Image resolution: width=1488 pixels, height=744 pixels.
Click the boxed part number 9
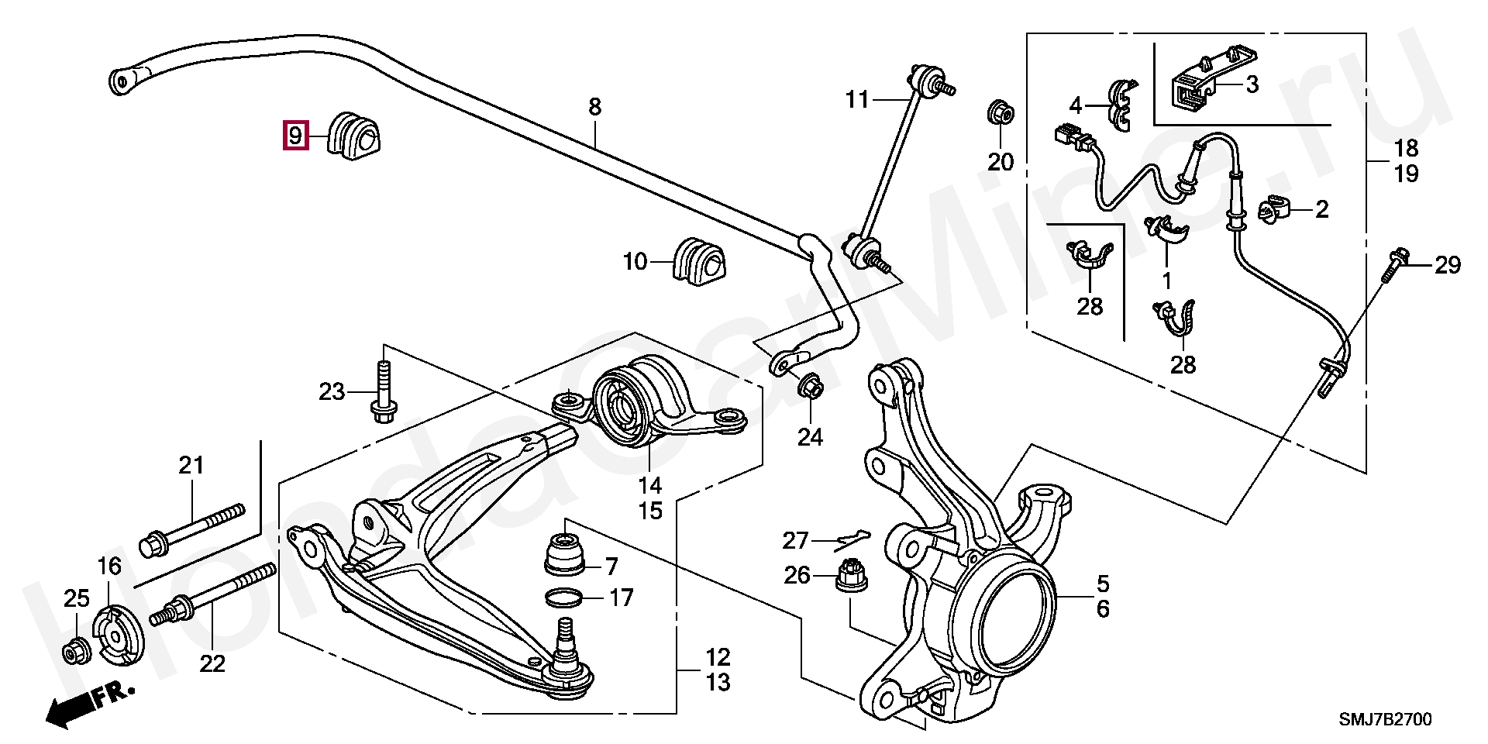click(x=295, y=136)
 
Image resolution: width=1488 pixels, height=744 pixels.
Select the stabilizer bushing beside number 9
click(x=356, y=136)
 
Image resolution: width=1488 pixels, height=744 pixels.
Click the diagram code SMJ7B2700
click(x=1385, y=719)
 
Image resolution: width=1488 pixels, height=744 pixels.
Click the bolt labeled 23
click(x=382, y=394)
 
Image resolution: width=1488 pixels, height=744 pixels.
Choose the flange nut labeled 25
click(x=76, y=653)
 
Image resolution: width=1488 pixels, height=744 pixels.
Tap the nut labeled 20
click(x=1000, y=113)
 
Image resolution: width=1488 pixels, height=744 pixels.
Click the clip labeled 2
click(x=1275, y=209)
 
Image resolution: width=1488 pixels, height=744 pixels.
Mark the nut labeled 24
click(x=810, y=385)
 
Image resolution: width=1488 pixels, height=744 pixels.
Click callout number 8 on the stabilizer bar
click(x=594, y=107)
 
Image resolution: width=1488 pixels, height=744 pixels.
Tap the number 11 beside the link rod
click(x=857, y=99)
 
